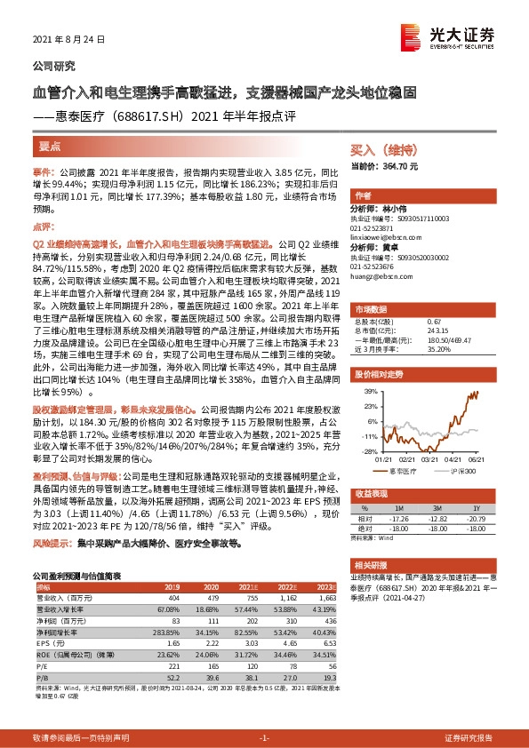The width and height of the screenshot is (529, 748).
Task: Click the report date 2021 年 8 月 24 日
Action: tap(68, 40)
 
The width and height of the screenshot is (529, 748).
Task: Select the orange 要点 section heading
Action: tap(52, 146)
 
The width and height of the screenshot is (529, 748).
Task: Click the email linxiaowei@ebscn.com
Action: tap(392, 236)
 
